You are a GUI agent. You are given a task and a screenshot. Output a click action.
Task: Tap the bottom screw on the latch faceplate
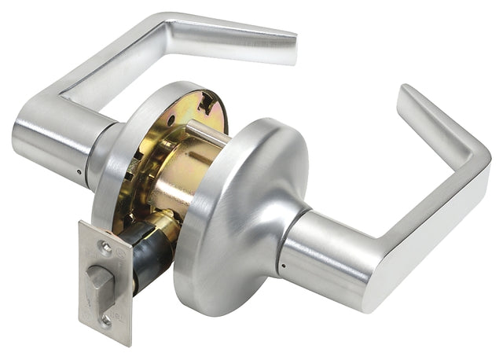105,320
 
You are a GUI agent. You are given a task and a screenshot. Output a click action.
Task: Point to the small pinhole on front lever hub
279,266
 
